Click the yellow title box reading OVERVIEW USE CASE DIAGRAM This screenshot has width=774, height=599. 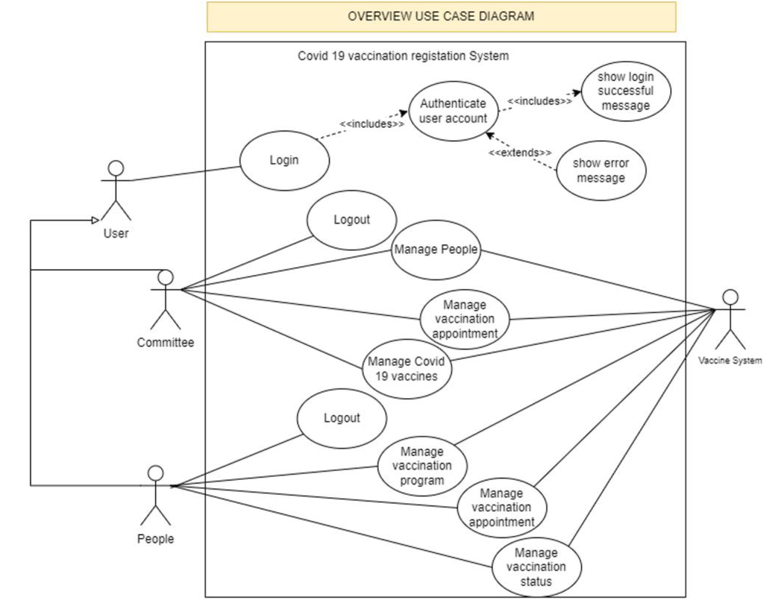(x=441, y=16)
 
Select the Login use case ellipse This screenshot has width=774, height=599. (x=284, y=161)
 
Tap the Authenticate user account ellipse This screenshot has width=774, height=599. (x=453, y=111)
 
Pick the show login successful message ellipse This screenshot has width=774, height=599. (x=625, y=91)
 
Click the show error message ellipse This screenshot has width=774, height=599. (x=601, y=171)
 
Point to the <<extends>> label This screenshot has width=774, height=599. (x=520, y=153)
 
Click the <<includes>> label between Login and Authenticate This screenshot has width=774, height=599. (x=372, y=124)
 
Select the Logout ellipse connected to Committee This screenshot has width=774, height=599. (x=352, y=220)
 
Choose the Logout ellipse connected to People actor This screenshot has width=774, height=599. (x=342, y=418)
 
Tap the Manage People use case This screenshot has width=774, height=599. (x=436, y=249)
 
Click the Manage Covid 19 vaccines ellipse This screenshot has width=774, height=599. (x=406, y=369)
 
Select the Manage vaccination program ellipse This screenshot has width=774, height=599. (x=422, y=466)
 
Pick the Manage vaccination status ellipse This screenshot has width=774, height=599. (x=536, y=567)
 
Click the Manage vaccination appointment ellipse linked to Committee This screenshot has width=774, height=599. (x=464, y=319)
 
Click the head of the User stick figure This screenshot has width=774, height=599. (x=116, y=168)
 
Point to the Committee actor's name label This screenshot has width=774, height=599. (x=165, y=343)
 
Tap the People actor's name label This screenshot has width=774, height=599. (x=155, y=539)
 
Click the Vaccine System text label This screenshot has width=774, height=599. (x=730, y=361)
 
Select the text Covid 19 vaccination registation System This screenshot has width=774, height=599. (x=403, y=56)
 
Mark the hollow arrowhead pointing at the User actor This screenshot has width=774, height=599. (x=95, y=220)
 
